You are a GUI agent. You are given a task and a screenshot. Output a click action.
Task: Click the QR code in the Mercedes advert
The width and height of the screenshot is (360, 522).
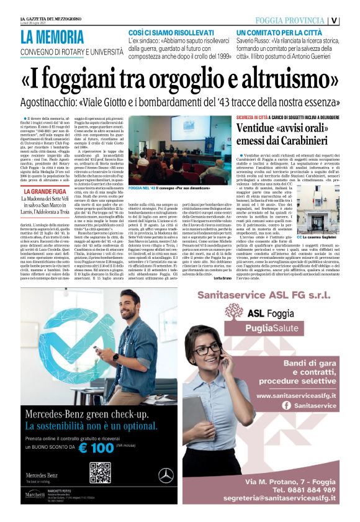click(100, 472)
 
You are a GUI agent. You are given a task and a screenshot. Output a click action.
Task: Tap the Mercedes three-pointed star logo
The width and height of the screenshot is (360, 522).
click(166, 475)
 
